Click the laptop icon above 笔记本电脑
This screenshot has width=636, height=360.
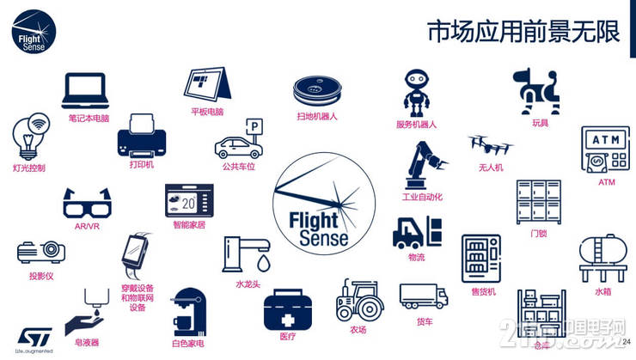[x=84, y=90]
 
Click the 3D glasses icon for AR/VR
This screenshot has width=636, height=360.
[x=87, y=203]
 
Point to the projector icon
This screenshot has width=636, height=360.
[x=40, y=252]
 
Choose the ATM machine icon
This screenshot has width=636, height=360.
[x=606, y=149]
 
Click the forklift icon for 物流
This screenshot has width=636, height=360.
[x=417, y=231]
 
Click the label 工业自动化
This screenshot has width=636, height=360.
[x=422, y=197]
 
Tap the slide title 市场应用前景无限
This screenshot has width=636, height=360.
[x=523, y=31]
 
